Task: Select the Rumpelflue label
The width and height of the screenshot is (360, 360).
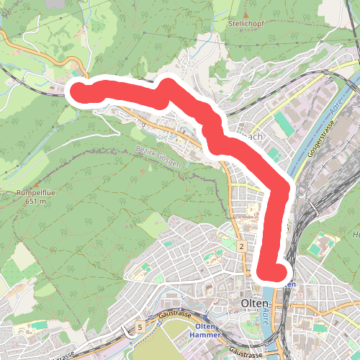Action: [32, 193]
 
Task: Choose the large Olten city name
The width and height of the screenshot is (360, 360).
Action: [257, 302]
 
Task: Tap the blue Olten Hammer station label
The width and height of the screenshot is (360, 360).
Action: [206, 330]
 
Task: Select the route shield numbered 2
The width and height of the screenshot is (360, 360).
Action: [243, 248]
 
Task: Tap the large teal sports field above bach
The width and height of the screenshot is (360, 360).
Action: [284, 123]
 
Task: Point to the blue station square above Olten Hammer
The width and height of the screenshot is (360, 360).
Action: [204, 316]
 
